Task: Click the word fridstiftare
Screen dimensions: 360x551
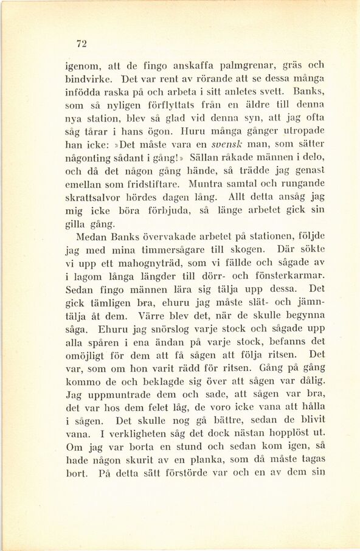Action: (x=154, y=184)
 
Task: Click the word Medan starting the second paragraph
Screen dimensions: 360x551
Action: (x=91, y=237)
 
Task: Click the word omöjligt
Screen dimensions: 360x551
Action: (x=87, y=355)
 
